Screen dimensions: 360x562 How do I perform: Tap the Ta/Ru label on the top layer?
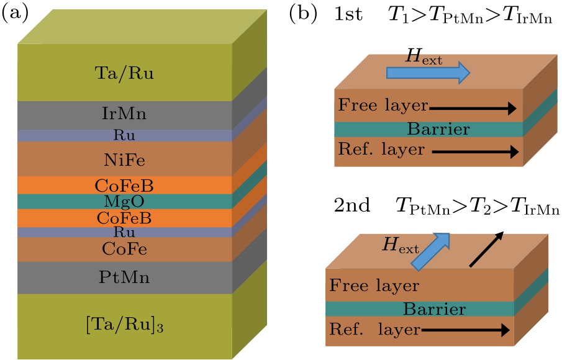pyautogui.click(x=125, y=74)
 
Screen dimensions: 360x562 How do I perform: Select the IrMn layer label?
pyautogui.click(x=124, y=114)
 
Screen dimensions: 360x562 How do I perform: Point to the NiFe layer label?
pyautogui.click(x=124, y=160)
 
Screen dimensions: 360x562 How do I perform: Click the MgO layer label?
pyautogui.click(x=124, y=202)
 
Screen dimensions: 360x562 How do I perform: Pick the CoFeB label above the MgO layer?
pyautogui.click(x=124, y=186)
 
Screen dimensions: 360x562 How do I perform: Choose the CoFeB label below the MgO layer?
pyautogui.click(x=124, y=218)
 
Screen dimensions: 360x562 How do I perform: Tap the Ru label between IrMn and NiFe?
pyautogui.click(x=124, y=135)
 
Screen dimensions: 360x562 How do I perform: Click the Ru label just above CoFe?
pyautogui.click(x=124, y=232)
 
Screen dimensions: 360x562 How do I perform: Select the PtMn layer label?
pyautogui.click(x=124, y=277)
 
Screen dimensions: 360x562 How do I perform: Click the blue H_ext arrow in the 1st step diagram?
pyautogui.click(x=428, y=73)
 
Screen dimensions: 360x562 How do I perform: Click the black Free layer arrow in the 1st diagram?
pyautogui.click(x=473, y=109)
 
